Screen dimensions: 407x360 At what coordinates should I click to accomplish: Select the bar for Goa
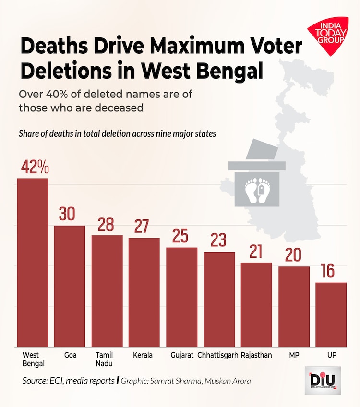70,286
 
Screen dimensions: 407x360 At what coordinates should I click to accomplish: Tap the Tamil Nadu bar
107,291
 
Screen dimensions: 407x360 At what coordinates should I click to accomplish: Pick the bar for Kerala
144,292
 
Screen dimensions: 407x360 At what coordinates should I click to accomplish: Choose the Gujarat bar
182,297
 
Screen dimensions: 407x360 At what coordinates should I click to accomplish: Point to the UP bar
331,314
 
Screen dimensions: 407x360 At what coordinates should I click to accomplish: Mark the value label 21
256,251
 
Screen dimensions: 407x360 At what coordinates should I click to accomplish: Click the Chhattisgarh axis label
219,356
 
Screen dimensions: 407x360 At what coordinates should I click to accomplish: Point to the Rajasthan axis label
256,356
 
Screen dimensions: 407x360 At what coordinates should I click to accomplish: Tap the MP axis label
294,356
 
